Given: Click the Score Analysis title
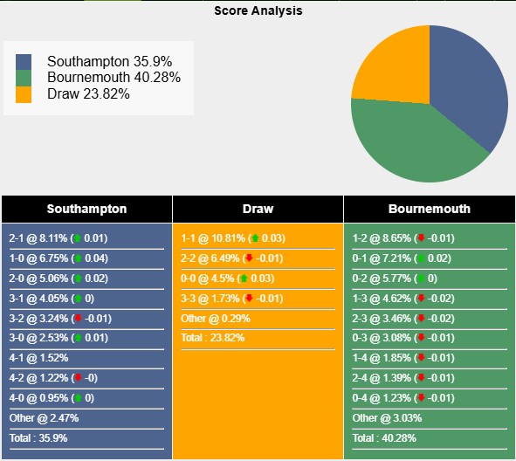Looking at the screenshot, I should (x=258, y=11).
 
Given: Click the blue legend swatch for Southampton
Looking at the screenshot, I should (x=24, y=62).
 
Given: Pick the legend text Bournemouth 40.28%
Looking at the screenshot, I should (x=114, y=78).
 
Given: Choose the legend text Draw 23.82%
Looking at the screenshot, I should (x=88, y=93).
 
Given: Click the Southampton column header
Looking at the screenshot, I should (x=86, y=209).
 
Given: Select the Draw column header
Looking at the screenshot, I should (x=258, y=209).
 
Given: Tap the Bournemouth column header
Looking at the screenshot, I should (x=429, y=209).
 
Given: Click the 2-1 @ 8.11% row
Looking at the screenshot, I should (x=58, y=238).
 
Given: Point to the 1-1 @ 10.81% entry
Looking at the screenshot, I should (x=233, y=238).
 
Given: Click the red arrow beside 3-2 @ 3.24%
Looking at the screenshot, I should (x=77, y=319).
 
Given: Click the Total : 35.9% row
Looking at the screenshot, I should (x=38, y=438).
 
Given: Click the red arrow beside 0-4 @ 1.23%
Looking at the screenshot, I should (x=421, y=398).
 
